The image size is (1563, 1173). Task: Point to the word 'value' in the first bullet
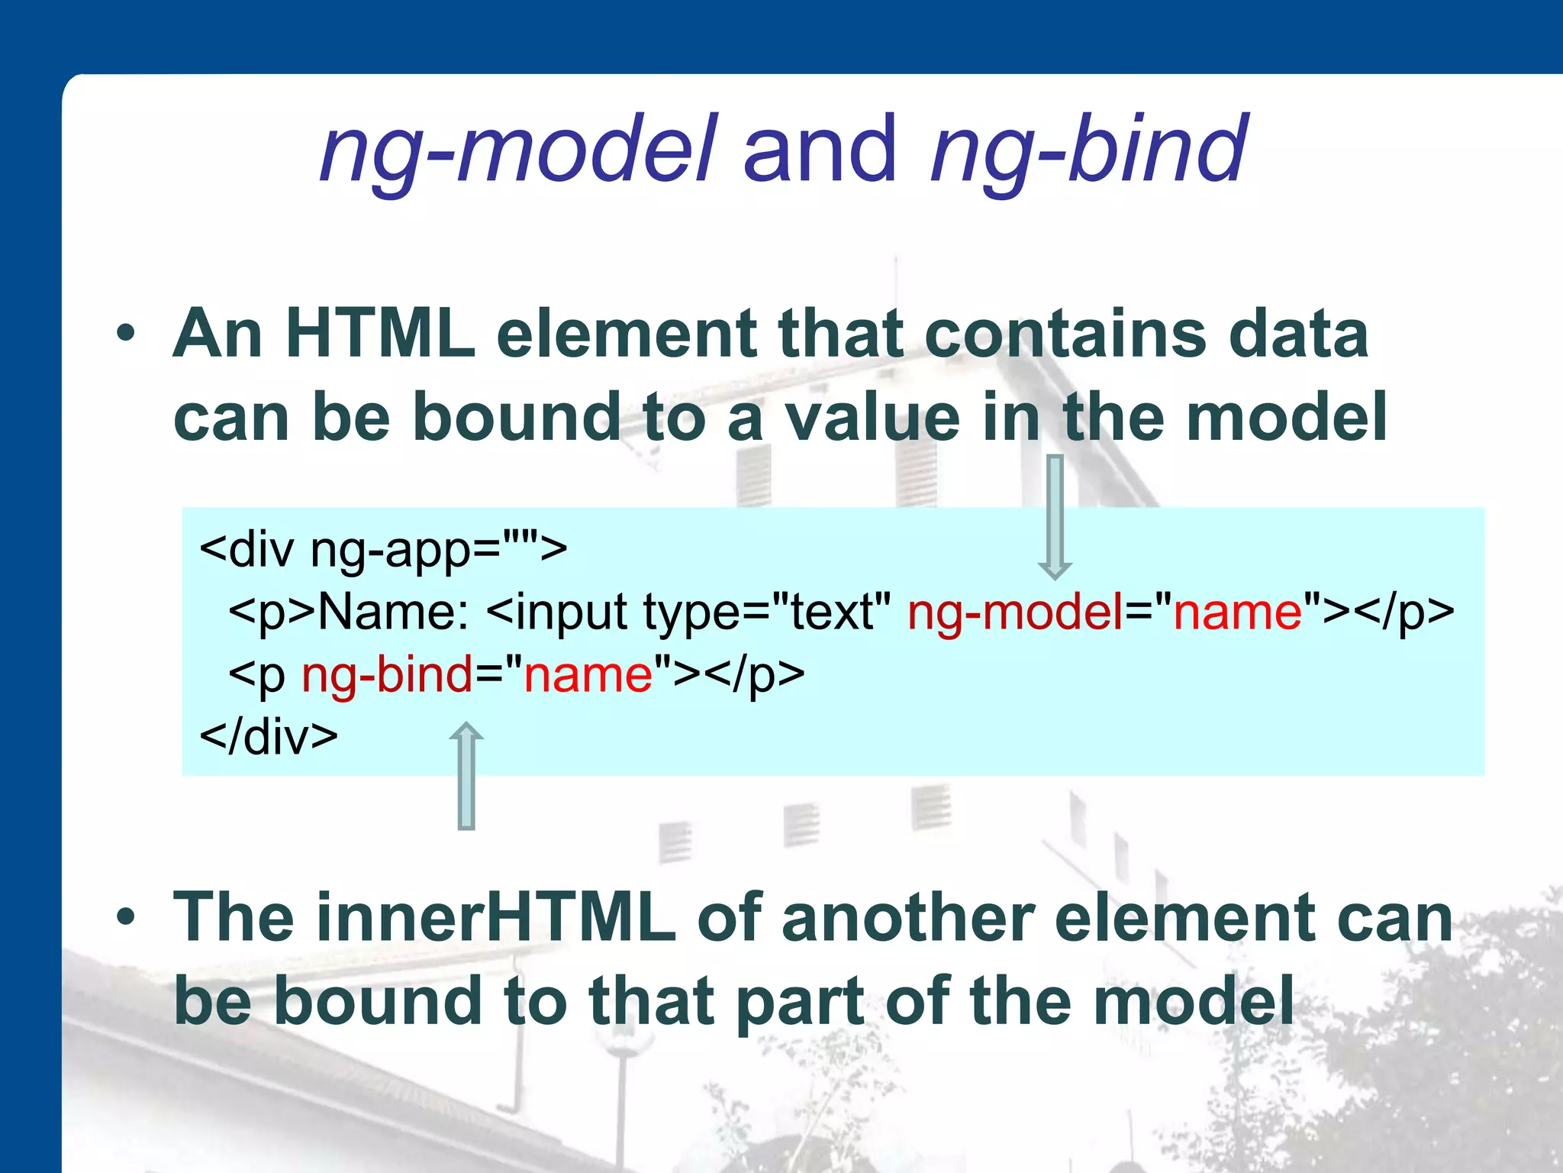click(872, 418)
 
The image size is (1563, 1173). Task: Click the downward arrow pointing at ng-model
click(1055, 516)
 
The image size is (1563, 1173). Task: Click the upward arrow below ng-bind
click(466, 775)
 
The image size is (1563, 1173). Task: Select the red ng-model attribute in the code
click(1015, 612)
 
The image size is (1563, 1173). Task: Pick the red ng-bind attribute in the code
click(387, 675)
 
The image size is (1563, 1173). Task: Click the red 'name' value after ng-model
click(1237, 612)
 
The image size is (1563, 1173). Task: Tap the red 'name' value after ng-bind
click(588, 675)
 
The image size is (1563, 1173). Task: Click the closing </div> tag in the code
click(268, 737)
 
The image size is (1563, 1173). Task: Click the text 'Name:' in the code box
click(393, 612)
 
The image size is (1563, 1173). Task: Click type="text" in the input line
click(767, 612)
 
